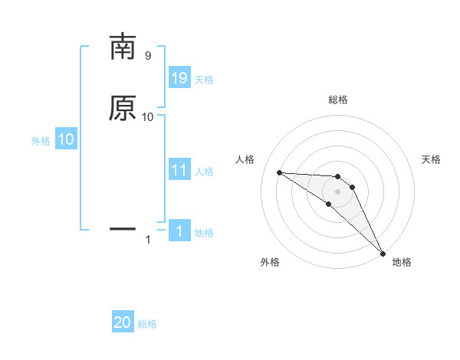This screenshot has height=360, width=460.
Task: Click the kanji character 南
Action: [x=123, y=47]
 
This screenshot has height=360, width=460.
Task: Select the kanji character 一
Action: [x=123, y=228]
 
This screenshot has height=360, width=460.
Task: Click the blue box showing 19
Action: [x=179, y=78]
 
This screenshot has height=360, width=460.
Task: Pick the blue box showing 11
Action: [x=179, y=170]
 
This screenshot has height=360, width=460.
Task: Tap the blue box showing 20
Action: [x=123, y=322]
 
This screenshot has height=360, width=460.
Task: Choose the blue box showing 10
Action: [x=65, y=139]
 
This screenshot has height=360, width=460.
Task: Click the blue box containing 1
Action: [x=179, y=231]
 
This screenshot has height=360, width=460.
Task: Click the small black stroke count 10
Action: [x=148, y=116]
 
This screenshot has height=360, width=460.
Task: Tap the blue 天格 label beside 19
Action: [x=204, y=80]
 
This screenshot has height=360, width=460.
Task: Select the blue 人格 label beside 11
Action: [x=204, y=172]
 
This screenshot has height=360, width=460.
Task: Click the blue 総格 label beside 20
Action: [x=147, y=324]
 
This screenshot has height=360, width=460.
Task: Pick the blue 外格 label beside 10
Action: [x=40, y=141]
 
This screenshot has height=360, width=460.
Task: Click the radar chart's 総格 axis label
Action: [x=337, y=100]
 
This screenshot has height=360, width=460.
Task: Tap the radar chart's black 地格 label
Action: [x=402, y=263]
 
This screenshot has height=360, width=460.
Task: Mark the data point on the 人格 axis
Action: [x=279, y=172]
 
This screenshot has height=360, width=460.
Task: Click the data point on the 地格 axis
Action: [x=383, y=253]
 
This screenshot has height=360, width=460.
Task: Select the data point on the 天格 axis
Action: [x=352, y=187]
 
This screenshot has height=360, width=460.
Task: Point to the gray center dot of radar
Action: [x=337, y=191]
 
